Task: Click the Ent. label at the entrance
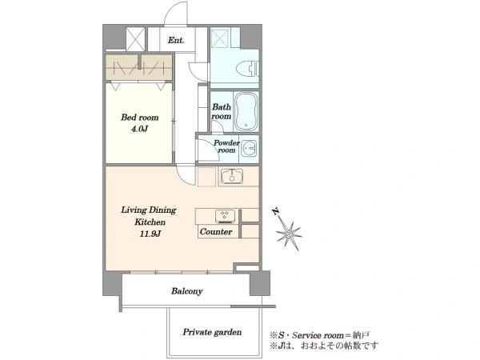coord(176,40)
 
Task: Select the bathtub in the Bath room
coord(246,112)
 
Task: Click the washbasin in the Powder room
coord(249,149)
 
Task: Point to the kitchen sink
coord(232,176)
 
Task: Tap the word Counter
coord(216,232)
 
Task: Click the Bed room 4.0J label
coord(139,122)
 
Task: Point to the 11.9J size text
coord(150,234)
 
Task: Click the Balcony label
coord(186,291)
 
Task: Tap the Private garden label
coord(212,332)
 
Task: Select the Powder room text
coord(226,146)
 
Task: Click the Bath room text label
coord(222,111)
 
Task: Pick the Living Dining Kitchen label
coord(149,216)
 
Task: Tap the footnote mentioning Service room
coord(320,335)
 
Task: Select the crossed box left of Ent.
coord(136,39)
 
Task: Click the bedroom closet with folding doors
coord(138,67)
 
